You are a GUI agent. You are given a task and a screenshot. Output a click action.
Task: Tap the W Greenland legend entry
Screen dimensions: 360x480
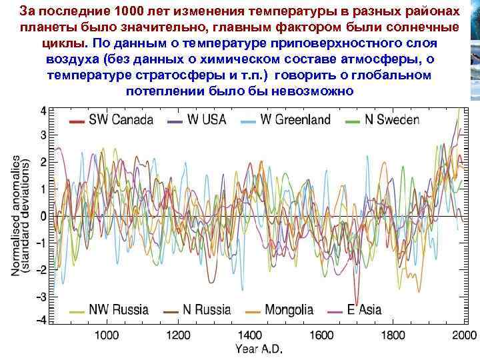295,120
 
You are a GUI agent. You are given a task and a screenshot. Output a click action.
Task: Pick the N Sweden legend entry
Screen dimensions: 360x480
392,120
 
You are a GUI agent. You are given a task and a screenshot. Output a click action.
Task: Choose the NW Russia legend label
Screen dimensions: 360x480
121,310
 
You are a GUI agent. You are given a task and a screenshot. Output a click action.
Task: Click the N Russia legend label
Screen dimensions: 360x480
207,310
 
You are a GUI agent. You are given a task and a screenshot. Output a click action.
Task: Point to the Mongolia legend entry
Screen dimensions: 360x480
289,310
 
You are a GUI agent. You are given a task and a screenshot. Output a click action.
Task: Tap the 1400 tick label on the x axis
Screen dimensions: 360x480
249,335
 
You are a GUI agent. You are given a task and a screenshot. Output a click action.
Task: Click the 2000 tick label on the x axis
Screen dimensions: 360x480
462,335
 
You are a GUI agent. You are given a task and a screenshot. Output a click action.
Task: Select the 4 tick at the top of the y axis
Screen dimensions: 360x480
43,110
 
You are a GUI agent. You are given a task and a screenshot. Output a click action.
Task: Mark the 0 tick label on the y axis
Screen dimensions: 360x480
43,217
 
